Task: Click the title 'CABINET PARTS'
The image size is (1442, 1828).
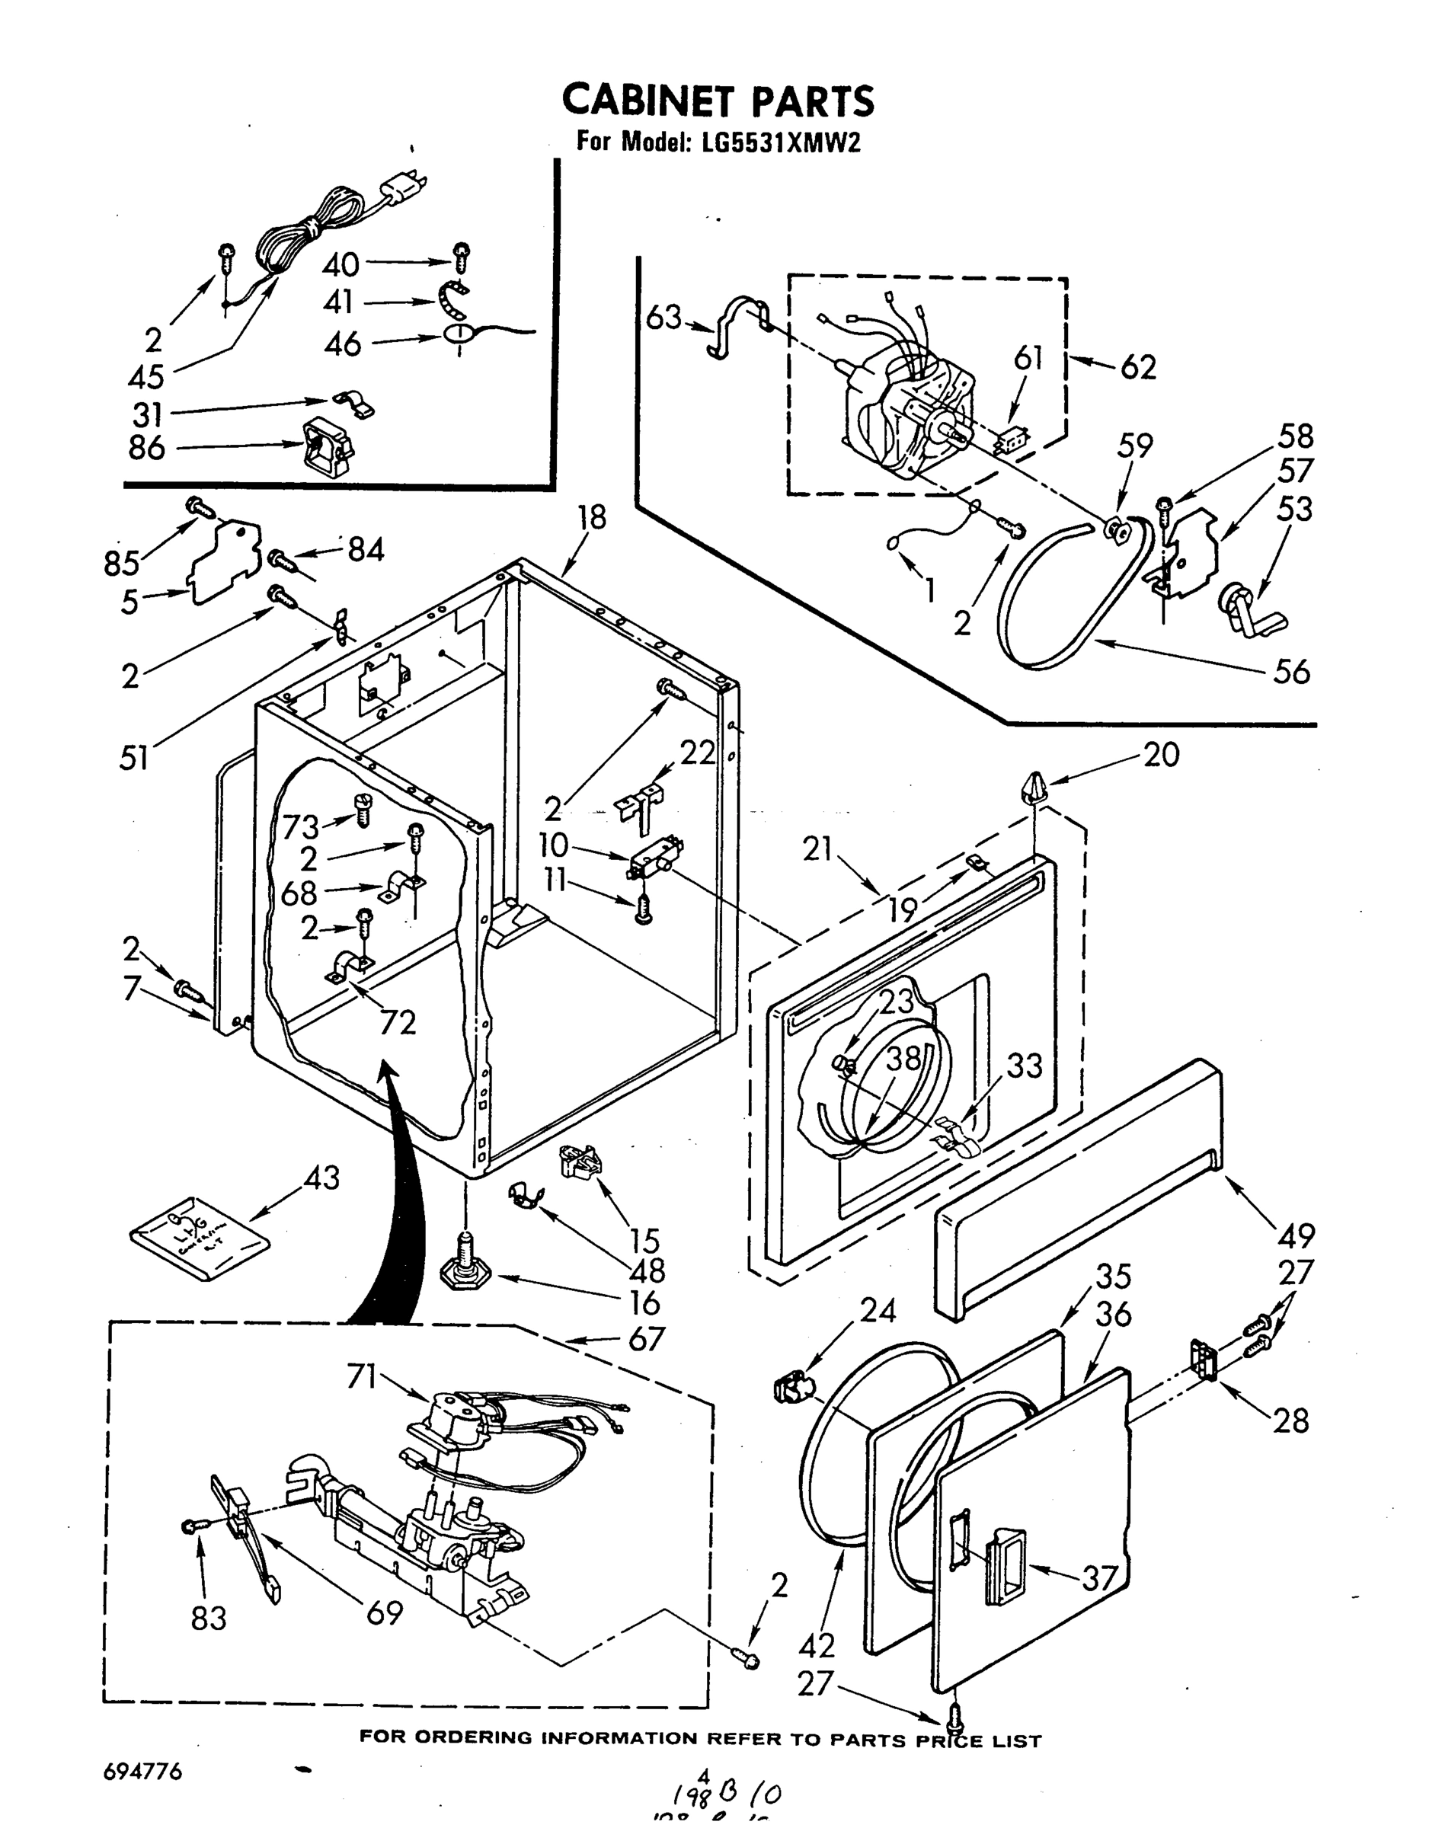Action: point(718,101)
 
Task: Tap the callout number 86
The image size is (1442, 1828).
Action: point(147,448)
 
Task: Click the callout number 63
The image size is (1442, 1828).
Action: point(663,318)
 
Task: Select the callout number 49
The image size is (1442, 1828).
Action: point(1297,1235)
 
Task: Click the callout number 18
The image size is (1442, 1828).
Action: point(592,517)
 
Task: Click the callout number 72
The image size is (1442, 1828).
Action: point(398,1022)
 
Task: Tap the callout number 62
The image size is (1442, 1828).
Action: point(1138,367)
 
